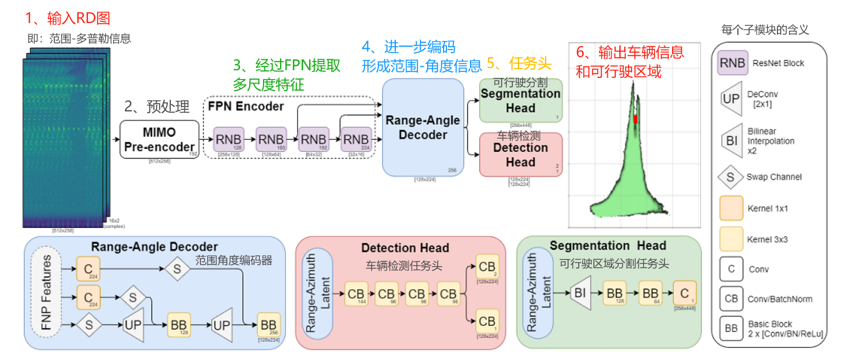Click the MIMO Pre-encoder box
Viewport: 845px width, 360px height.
(159, 139)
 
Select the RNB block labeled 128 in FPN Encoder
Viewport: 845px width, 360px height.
(228, 139)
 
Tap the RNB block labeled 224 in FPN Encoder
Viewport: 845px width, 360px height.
(356, 139)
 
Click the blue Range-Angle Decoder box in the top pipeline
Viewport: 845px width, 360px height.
(423, 127)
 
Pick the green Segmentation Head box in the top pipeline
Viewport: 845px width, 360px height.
(521, 100)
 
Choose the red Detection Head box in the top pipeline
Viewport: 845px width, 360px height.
(521, 154)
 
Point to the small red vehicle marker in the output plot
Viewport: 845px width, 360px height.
(636, 119)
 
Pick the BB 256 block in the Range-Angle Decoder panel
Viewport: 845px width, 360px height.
(268, 325)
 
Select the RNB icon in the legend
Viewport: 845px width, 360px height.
(732, 63)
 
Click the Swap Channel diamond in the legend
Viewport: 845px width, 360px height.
(731, 177)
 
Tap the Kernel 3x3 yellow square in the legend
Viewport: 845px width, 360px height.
(731, 239)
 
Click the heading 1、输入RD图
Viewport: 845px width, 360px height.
(68, 18)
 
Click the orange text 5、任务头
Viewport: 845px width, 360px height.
(519, 63)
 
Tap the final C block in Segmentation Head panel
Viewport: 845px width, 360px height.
(684, 294)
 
